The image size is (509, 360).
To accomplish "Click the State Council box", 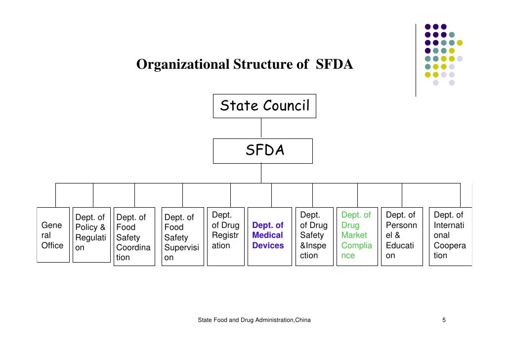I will coord(264,106).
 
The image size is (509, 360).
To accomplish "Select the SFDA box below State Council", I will coord(262,151).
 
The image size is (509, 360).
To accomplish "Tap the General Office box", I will coord(53,235).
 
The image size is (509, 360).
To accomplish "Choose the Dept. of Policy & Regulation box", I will coord(91,235).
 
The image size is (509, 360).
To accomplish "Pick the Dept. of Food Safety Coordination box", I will coord(134,236).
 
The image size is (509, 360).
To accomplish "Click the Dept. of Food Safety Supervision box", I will coord(182,236).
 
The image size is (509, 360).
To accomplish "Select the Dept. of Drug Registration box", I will coord(225,235).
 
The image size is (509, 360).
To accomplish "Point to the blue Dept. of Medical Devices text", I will coord(268,235).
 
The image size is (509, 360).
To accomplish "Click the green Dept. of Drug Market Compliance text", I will coord(356,235).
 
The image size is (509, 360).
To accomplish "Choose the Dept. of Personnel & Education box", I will coord(401,235).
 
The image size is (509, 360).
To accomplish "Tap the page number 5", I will coord(444,320).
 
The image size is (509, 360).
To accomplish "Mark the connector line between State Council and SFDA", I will coord(261,128).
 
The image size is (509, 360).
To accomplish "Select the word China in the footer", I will coord(302,320).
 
